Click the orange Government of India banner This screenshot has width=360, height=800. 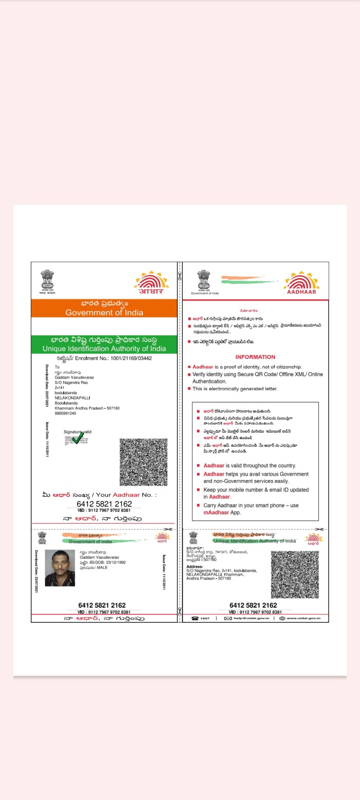(104, 308)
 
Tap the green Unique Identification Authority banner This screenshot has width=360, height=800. (104, 344)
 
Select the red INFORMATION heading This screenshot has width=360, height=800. (255, 357)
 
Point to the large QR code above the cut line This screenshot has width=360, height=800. (143, 462)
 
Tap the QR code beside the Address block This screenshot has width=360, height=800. (295, 574)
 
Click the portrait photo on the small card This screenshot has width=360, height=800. (60, 568)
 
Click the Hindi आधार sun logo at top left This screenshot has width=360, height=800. (151, 283)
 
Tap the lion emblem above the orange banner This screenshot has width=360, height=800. (47, 281)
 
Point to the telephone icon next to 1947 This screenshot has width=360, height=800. (195, 618)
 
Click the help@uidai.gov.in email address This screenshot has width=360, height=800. (251, 618)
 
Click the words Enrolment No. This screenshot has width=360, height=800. (92, 358)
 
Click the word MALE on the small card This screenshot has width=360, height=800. (102, 568)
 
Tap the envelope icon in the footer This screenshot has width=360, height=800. (228, 618)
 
